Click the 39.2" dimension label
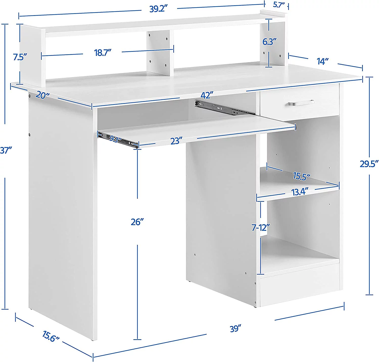[x=159, y=9]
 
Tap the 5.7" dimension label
[x=279, y=5]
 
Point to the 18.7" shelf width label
[x=103, y=53]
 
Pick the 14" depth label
[x=323, y=61]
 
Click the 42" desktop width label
[x=207, y=95]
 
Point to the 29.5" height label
[x=369, y=164]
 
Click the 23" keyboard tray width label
[x=176, y=141]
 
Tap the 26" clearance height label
[x=137, y=222]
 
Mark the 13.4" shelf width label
[x=300, y=192]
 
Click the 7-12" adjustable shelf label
[x=260, y=227]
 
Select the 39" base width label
[x=235, y=329]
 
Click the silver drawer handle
[x=301, y=103]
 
